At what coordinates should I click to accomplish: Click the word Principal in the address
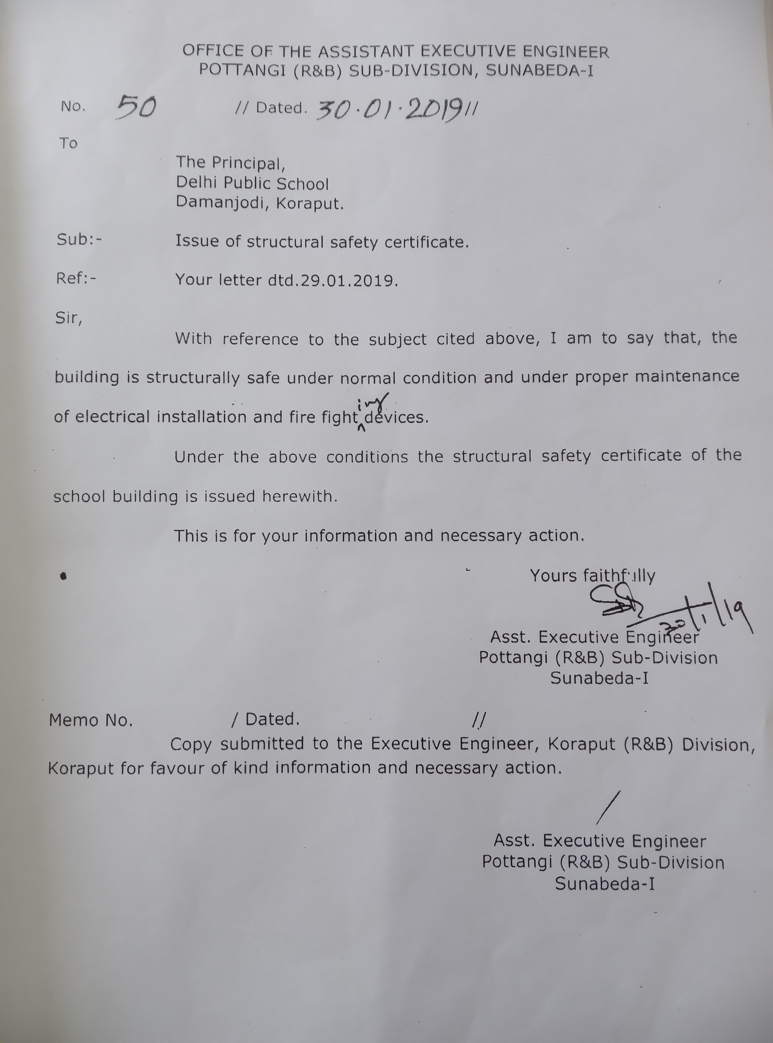pyautogui.click(x=248, y=163)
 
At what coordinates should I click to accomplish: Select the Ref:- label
pyautogui.click(x=76, y=279)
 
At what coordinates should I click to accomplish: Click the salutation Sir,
pyautogui.click(x=68, y=318)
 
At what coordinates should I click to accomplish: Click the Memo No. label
pyautogui.click(x=91, y=720)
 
